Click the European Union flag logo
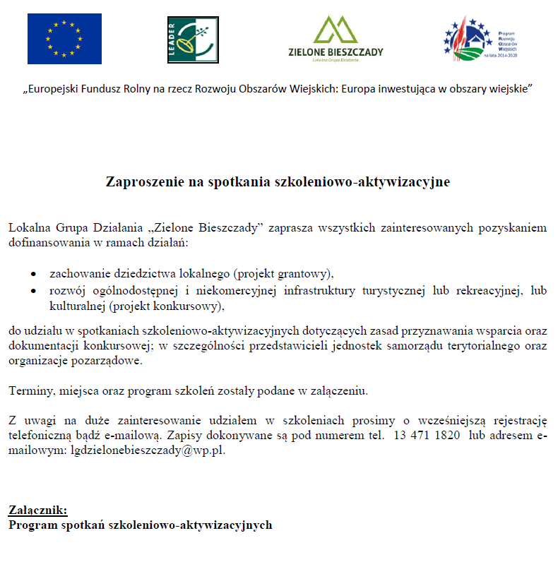(64, 39)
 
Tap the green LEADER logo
(193, 40)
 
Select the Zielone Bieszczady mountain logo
(336, 40)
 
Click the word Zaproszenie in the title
(144, 181)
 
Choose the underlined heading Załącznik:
(38, 510)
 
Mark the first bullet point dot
(33, 273)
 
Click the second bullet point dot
(33, 291)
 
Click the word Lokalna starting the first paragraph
(30, 229)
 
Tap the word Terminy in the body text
(28, 390)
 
